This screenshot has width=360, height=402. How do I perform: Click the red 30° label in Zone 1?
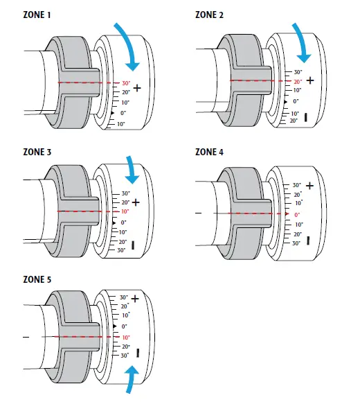coord(126,83)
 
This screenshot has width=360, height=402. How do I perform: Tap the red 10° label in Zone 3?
coord(125,211)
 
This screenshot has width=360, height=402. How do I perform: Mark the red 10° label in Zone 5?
coord(125,337)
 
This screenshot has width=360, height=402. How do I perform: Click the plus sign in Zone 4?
coord(309,186)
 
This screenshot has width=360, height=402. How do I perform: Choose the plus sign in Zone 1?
coord(137,88)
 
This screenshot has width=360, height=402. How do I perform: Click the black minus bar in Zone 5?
coord(138,353)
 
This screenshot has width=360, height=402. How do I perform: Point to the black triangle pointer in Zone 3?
coord(114,222)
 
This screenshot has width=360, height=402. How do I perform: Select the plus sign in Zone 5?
coord(135,298)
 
